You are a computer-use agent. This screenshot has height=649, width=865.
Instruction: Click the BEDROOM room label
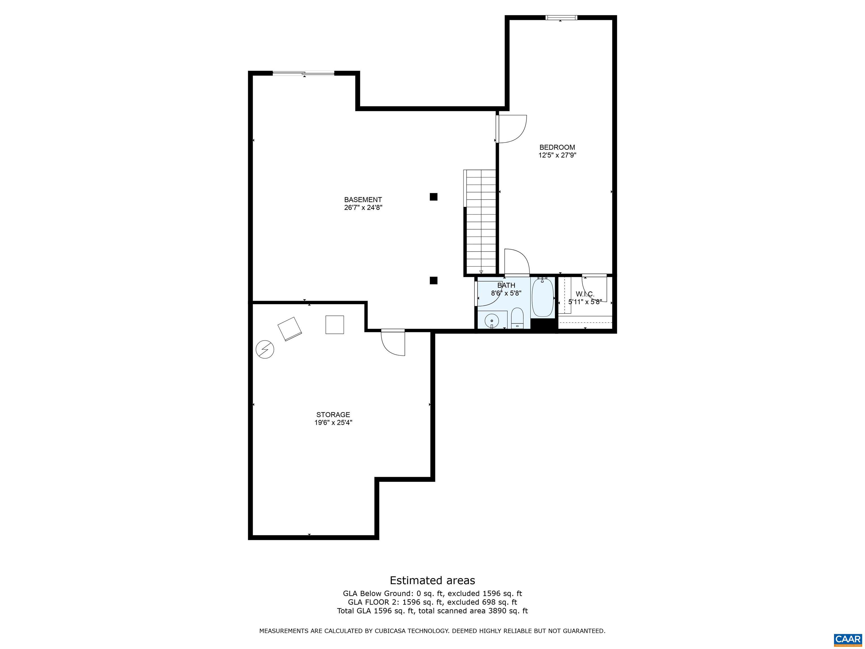(557, 148)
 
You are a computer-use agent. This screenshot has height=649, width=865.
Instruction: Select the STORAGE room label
(333, 415)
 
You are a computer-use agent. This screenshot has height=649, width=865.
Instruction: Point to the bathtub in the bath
(543, 297)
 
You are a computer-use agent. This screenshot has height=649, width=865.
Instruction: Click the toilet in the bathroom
(517, 318)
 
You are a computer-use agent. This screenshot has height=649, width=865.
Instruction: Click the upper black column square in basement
(433, 197)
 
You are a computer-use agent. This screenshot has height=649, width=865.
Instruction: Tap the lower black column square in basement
(433, 281)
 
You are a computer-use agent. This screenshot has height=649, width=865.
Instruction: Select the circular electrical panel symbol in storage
(265, 349)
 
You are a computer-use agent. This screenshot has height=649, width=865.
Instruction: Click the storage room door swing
(393, 343)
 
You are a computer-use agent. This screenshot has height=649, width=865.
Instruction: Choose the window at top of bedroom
(561, 17)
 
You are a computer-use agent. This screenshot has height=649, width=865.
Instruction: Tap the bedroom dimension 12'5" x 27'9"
(557, 155)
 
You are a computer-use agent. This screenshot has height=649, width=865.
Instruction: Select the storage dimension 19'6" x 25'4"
(333, 423)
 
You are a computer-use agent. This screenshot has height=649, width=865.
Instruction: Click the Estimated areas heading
(432, 580)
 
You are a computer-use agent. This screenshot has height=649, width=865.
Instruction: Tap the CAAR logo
(848, 639)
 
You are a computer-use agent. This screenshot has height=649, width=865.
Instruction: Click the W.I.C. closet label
(585, 294)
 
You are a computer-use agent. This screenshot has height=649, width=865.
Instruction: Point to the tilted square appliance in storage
(290, 329)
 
